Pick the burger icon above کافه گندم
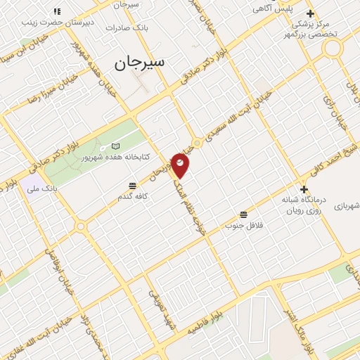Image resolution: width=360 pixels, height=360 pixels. pos(132,186)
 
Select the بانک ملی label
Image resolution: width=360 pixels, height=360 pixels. pos(39,188)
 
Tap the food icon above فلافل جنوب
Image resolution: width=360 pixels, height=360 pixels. pos(243,214)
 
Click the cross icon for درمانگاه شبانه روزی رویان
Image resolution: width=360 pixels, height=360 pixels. pos(303,189)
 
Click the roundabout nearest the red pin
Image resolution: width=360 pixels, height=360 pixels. pos(198,143)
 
